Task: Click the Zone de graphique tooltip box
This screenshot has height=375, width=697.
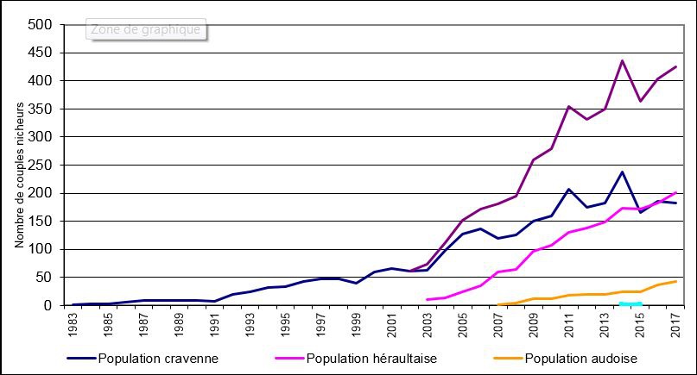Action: pyautogui.click(x=146, y=29)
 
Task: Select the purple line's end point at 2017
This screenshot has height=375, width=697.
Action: pyautogui.click(x=675, y=66)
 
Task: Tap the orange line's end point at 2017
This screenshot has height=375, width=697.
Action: pyautogui.click(x=675, y=281)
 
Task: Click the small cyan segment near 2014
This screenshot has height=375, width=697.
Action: pyautogui.click(x=630, y=303)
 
